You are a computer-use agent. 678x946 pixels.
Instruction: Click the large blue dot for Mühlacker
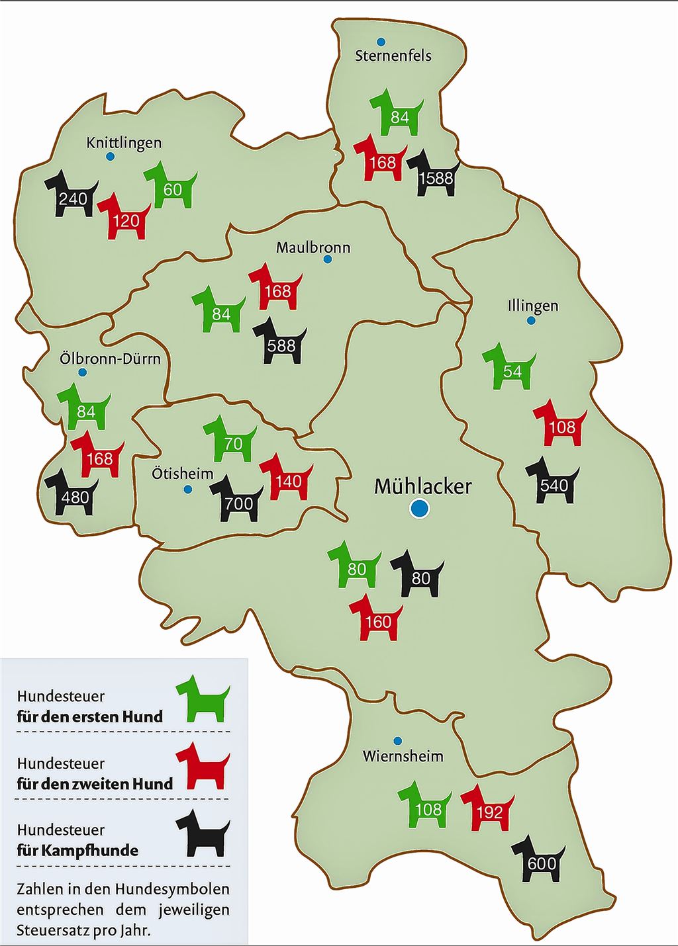click(x=419, y=509)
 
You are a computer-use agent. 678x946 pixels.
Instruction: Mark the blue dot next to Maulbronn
click(x=327, y=259)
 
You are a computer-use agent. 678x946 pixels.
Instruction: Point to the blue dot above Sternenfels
click(x=381, y=42)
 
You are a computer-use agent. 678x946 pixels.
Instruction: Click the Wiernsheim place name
click(x=403, y=756)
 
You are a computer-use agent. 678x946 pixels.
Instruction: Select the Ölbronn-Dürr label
click(x=110, y=359)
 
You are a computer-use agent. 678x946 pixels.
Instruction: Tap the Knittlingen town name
click(x=124, y=143)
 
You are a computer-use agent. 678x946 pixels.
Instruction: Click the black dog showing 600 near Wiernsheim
click(x=540, y=861)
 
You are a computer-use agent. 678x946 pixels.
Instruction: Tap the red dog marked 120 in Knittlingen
click(x=124, y=218)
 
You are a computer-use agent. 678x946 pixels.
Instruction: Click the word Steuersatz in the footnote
click(x=53, y=929)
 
